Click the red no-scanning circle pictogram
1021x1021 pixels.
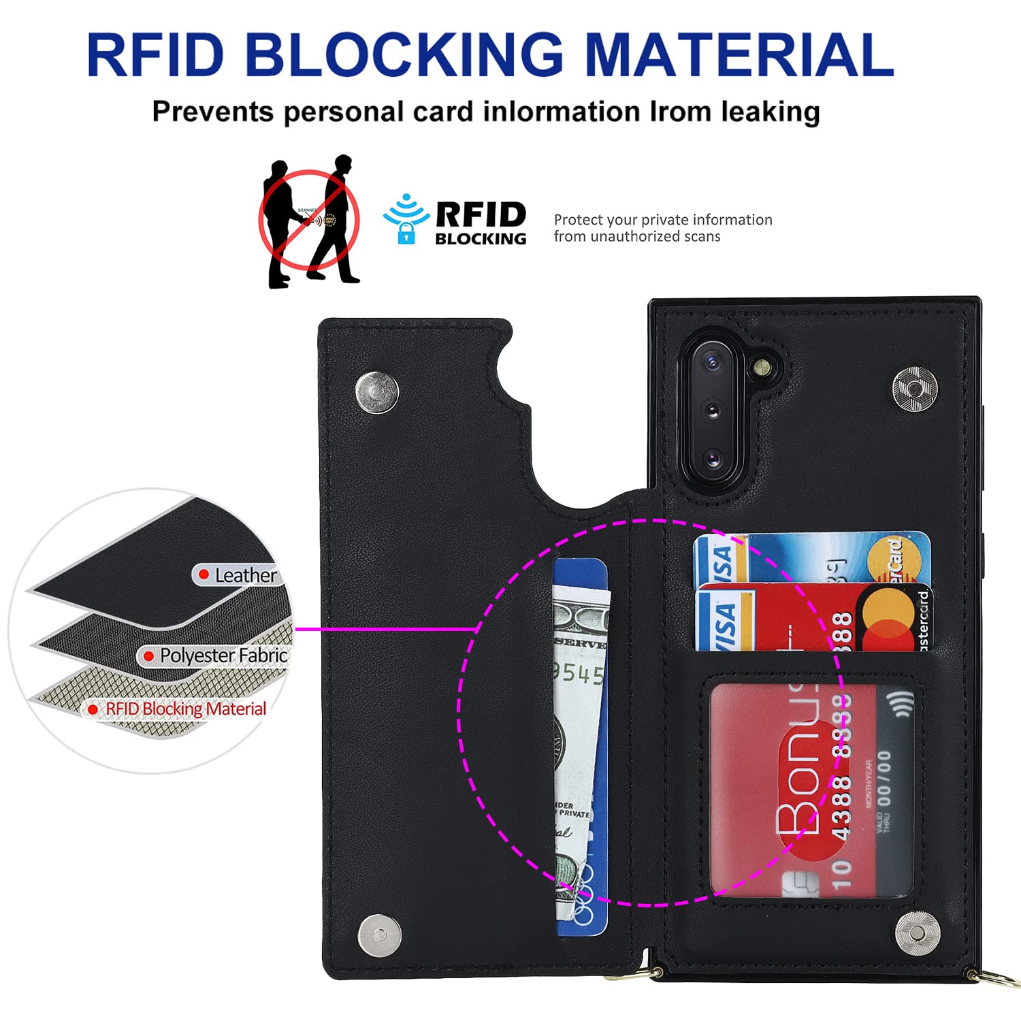point(308,219)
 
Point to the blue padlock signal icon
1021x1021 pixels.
point(406,220)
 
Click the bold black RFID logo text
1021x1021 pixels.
point(481,215)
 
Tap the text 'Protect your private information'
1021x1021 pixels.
point(663,220)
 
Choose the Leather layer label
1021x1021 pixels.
point(245,575)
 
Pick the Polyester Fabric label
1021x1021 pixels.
point(223,655)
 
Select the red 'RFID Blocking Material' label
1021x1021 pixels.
point(185,709)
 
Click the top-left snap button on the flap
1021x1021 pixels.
point(377,392)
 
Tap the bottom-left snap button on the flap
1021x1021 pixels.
point(379,931)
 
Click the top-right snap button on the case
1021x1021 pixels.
point(915,389)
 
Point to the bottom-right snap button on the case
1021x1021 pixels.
point(918,933)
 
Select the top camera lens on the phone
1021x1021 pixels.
point(712,363)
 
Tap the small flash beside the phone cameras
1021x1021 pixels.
point(759,368)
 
